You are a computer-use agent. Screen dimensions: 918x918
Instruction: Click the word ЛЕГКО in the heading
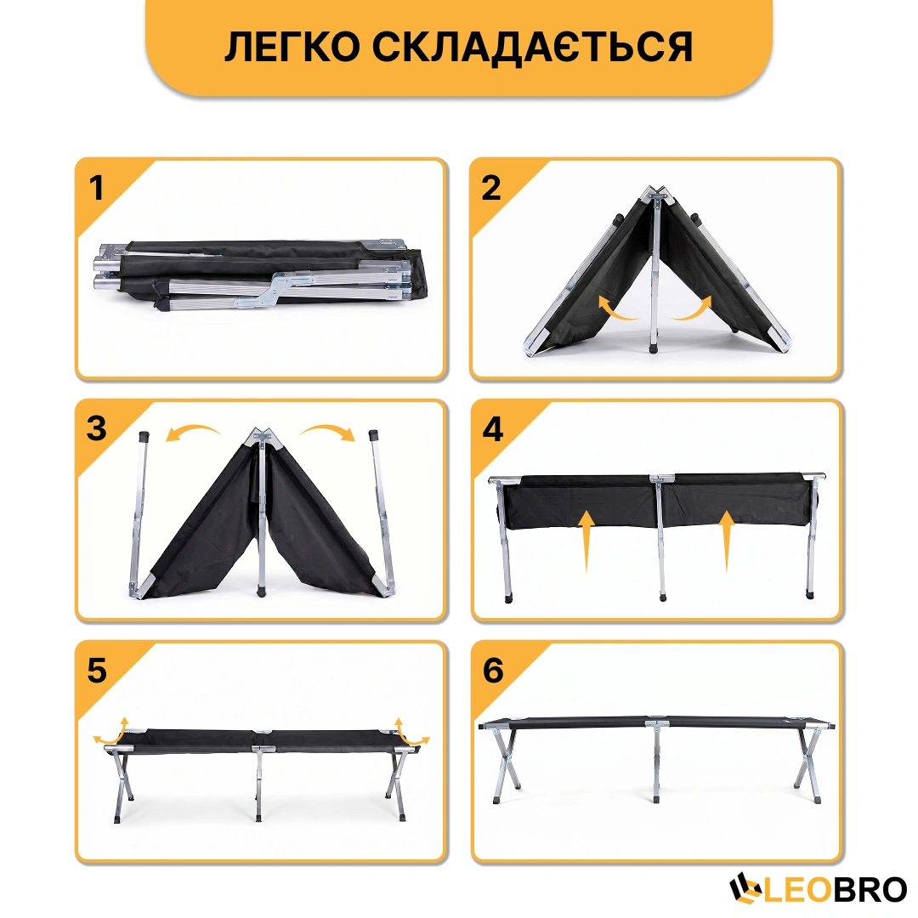(292, 47)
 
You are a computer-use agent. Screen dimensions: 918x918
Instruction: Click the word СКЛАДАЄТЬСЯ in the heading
(533, 47)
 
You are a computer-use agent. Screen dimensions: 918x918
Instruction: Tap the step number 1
(96, 188)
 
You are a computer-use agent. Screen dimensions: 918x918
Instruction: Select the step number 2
(491, 188)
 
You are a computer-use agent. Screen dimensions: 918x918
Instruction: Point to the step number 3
(97, 428)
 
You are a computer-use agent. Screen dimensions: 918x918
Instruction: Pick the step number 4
(493, 429)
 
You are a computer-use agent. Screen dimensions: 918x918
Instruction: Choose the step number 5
(97, 671)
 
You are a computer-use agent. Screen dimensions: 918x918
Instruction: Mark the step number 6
(493, 671)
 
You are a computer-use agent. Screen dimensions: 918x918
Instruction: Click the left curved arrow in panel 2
(614, 310)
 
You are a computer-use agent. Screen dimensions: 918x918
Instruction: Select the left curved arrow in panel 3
(192, 432)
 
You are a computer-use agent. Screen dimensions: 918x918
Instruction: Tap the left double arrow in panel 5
(112, 732)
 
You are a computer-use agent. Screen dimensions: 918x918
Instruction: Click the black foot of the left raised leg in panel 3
(144, 435)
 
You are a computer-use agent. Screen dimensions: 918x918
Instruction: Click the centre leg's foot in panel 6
(655, 798)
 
